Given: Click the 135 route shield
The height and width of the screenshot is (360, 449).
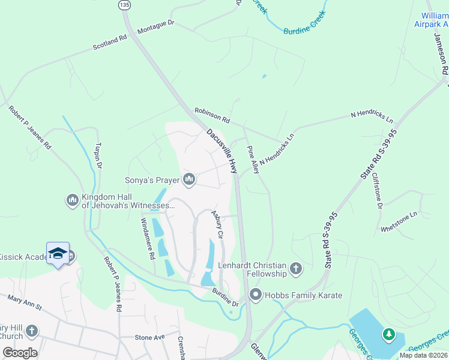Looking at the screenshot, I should (124, 5).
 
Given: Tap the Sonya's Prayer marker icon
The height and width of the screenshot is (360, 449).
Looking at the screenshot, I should (190, 179).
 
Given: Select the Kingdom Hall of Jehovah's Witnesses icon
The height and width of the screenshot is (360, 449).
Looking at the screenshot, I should (73, 199).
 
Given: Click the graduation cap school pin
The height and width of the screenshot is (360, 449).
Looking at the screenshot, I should (58, 254).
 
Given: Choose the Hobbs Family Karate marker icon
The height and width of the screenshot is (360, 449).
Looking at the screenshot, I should (255, 295).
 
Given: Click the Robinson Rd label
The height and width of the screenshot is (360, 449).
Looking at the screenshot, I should (212, 116).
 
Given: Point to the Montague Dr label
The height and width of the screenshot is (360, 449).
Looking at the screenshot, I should (155, 26).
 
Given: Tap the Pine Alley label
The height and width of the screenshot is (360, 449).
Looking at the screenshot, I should (253, 160).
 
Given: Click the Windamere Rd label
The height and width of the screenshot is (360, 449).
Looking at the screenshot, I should (147, 239).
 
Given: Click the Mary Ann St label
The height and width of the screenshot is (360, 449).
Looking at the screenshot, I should (25, 302).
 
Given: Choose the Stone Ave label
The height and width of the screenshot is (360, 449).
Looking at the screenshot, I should (149, 337).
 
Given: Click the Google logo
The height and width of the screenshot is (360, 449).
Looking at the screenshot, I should (20, 353).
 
